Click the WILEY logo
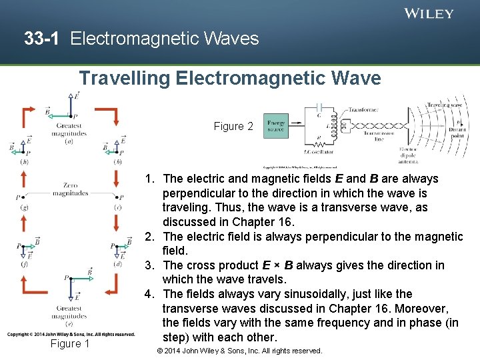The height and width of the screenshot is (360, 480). coord(429,13)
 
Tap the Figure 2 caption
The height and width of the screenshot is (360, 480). coord(233,126)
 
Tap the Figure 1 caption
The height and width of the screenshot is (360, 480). coord(70,343)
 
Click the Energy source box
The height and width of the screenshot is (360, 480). coord(276,126)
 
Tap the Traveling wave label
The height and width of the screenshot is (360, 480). coord(444,105)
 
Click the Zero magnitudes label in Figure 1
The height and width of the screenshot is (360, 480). coord(70,189)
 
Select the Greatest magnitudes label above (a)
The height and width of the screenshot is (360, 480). coord(70,129)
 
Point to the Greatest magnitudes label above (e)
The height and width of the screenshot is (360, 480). coord(70,313)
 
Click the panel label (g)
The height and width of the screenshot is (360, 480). coord(24,207)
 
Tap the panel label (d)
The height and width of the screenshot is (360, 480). coord(119,264)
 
